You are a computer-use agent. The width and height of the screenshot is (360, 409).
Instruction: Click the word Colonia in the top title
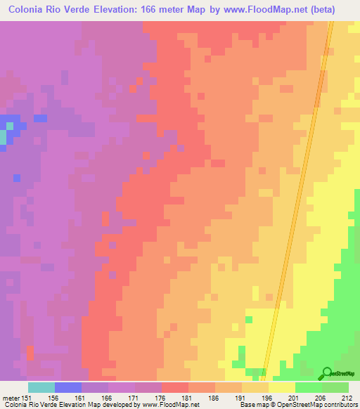click(x=32, y=9)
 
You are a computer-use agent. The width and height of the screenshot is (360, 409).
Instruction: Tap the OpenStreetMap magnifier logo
click(x=326, y=374)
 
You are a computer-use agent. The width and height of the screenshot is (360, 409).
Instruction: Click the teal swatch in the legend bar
click(x=41, y=387)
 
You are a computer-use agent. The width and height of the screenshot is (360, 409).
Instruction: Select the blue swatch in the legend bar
click(x=67, y=387)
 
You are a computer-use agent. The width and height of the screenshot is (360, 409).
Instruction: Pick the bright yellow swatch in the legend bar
click(x=281, y=387)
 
